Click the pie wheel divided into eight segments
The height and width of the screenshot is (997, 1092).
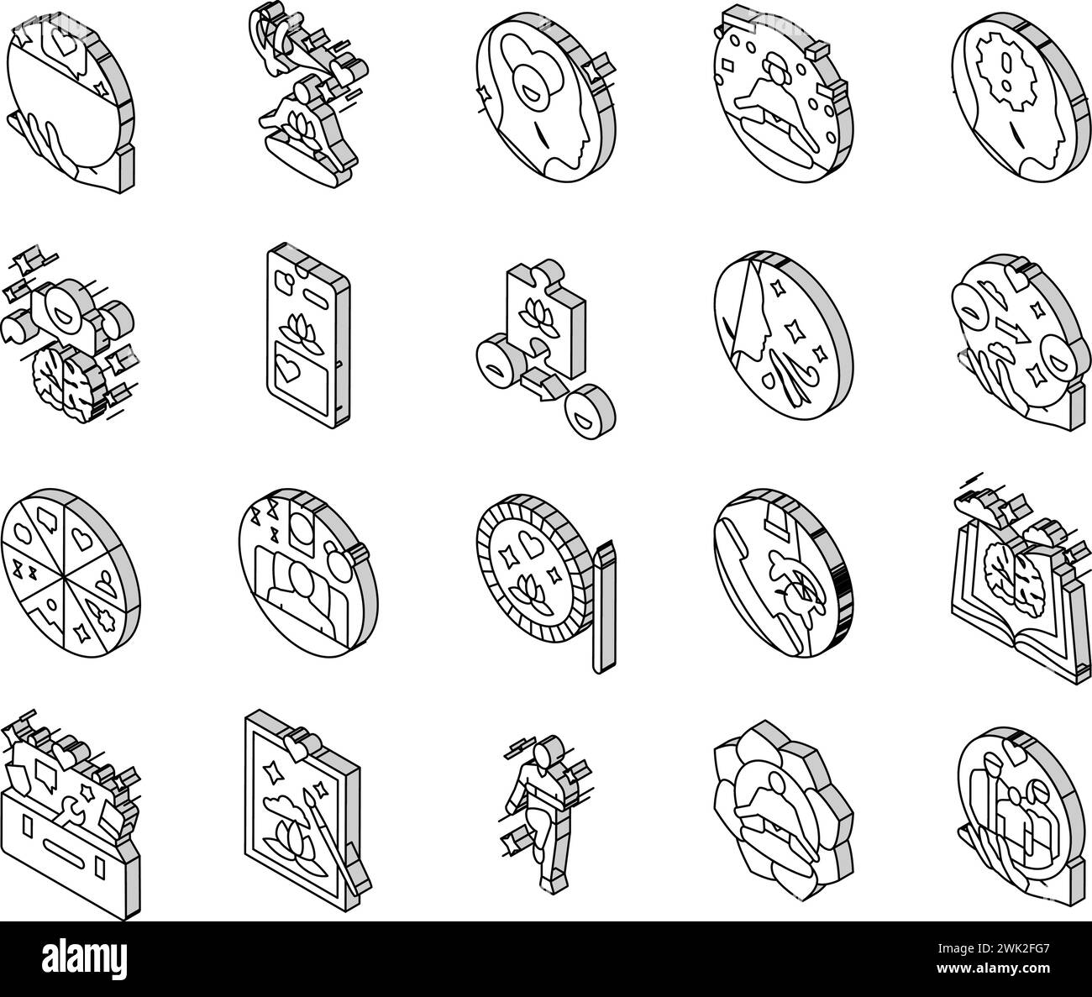point(71,574)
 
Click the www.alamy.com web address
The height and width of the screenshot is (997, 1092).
point(993,968)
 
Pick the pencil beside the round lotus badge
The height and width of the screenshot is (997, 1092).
point(604,606)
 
